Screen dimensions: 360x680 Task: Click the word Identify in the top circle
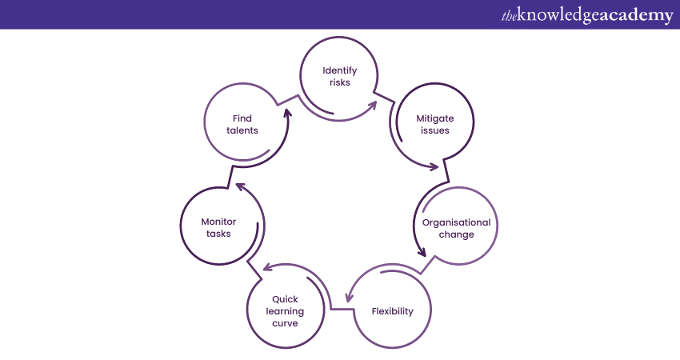tap(339, 70)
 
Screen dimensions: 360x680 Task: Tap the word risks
tap(339, 82)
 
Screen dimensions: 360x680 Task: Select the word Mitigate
tap(433, 118)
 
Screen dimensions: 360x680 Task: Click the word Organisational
tap(457, 222)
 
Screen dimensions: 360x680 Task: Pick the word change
tap(457, 234)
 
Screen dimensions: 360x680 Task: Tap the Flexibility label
tap(393, 311)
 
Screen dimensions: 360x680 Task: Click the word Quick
tap(285, 299)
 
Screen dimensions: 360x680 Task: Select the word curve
tap(285, 323)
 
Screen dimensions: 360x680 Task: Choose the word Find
tap(242, 118)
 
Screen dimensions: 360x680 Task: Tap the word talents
tap(242, 130)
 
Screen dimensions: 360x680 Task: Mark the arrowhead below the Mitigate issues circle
tap(434, 167)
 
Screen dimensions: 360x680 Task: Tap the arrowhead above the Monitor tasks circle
tap(239, 187)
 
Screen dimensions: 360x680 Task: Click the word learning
tap(285, 311)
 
